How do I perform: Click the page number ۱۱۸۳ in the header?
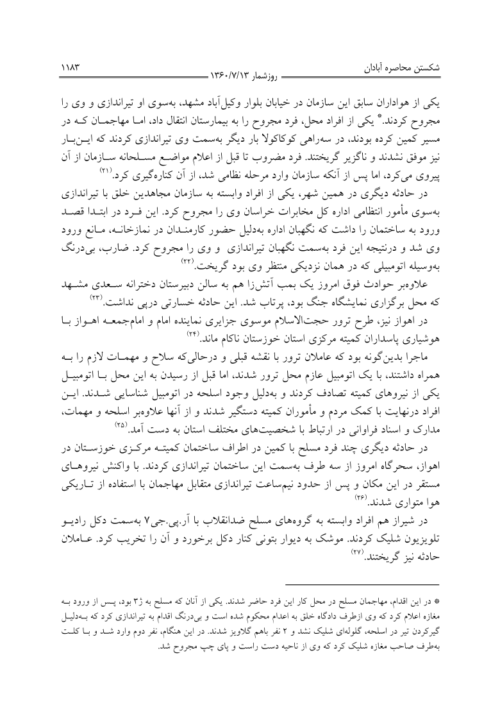69,67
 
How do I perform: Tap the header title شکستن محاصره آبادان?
412,67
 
